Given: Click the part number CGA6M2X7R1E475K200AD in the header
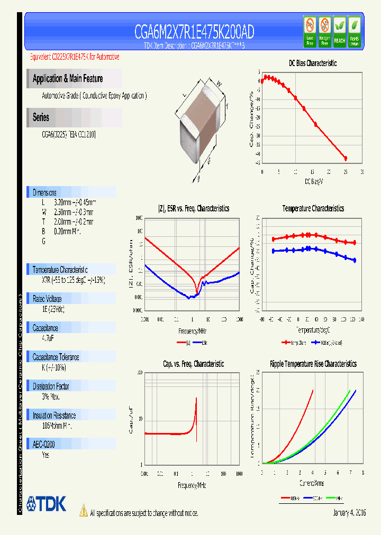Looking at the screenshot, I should click(194, 33).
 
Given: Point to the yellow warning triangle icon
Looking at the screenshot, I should click(83, 510).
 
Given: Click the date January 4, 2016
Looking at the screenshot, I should click(349, 513).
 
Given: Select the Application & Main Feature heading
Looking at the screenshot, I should click(68, 79).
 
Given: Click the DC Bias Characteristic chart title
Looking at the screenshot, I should click(313, 63).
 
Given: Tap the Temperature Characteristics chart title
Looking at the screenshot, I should click(313, 208).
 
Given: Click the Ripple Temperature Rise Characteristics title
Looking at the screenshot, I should click(313, 364).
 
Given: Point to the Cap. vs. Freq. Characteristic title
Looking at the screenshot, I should click(193, 364).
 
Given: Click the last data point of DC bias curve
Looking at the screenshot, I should click(346, 158).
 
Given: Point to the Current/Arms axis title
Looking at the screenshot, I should click(312, 483).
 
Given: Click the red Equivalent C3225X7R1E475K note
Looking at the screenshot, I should click(74, 57).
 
